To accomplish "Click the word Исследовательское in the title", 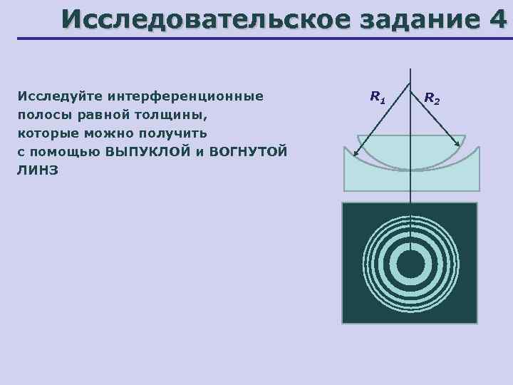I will tap(202, 19).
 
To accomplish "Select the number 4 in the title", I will tap(497, 19).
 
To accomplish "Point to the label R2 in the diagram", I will tap(432, 98).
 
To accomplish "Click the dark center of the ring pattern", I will tap(410, 265).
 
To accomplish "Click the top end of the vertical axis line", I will tap(410, 68).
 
